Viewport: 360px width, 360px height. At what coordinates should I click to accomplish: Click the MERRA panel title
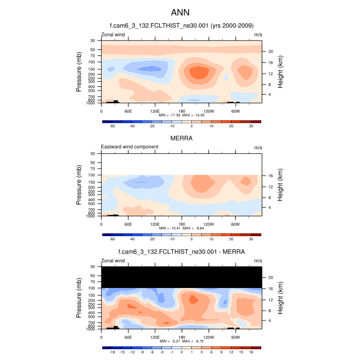point(181,138)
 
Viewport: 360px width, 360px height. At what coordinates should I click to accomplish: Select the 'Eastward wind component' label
point(130,147)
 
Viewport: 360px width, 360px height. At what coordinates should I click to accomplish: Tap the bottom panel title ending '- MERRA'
point(181,252)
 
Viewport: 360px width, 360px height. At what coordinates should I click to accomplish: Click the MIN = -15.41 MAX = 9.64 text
point(181,228)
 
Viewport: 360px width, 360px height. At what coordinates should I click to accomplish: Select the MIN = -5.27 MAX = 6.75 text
point(181,341)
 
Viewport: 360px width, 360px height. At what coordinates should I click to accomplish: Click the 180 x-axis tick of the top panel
point(181,111)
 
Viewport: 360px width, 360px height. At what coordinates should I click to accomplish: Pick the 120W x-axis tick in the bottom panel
point(208,337)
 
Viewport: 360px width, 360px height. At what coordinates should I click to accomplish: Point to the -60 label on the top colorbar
point(112,126)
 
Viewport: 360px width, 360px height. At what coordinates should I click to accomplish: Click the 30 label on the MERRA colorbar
point(251,239)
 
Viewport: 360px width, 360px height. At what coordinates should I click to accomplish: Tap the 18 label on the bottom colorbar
point(251,352)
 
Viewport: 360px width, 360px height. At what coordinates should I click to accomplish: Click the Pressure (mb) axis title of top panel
point(79,71)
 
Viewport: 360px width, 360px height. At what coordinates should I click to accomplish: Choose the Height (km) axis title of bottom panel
point(281,298)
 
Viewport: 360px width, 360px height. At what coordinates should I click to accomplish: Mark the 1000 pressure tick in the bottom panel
point(92,329)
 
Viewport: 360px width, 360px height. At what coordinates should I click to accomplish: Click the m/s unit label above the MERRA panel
point(258,148)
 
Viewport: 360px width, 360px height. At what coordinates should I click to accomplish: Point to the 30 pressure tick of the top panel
point(93,40)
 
